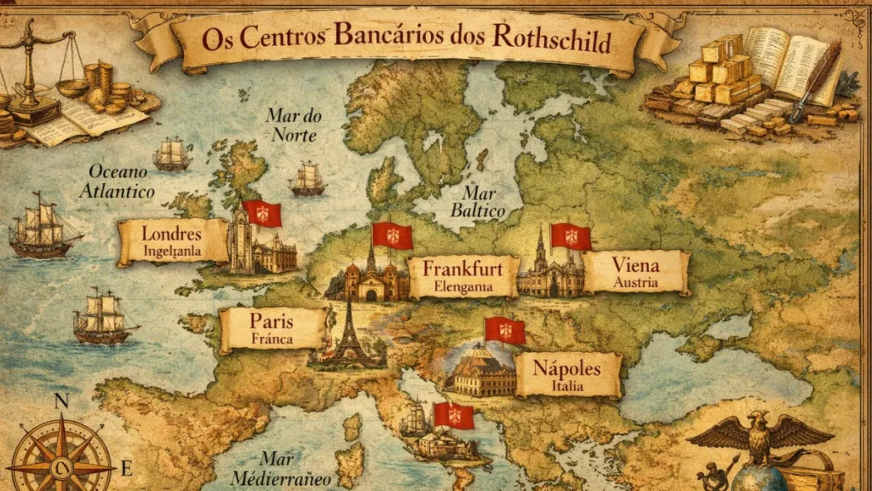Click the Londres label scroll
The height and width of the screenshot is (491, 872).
tap(172, 241)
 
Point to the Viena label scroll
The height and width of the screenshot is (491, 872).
tap(635, 271)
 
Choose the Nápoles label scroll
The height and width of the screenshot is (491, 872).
tap(566, 375)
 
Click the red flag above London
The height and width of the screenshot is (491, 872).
tap(262, 213)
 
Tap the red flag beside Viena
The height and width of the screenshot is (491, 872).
tap(571, 236)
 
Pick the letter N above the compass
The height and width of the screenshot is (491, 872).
tap(61, 401)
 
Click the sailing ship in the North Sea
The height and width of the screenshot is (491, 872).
tap(307, 179)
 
